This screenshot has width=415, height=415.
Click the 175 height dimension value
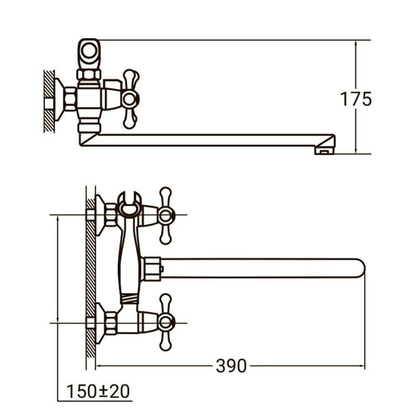[355, 99]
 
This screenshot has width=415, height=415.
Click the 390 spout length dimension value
[231, 366]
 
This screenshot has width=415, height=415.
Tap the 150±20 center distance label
[98, 391]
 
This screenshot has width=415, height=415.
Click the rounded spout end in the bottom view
[360, 268]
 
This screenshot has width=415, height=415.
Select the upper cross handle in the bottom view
[165, 216]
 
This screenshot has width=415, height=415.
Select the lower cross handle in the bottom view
[165, 323]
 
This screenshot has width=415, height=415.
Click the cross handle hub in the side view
[129, 99]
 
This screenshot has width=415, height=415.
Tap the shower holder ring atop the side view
[89, 51]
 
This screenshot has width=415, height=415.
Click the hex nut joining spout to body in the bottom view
[151, 268]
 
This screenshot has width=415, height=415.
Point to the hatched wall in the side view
[49, 102]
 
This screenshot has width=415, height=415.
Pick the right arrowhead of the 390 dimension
[362, 366]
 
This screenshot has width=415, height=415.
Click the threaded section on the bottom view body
[129, 299]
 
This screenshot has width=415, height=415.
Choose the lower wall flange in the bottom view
[101, 323]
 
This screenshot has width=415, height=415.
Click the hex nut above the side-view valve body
[89, 74]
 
